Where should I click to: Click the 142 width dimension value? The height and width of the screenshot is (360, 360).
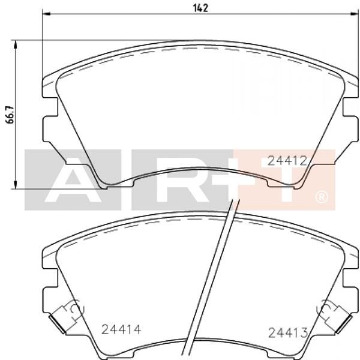pos(200,8)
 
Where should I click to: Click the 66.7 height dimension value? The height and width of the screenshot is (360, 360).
pos(10,115)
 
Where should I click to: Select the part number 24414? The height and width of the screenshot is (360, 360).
pos(121,329)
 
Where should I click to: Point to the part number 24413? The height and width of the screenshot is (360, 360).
pos(288,332)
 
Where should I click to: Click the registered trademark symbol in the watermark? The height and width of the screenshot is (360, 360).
pos(322,197)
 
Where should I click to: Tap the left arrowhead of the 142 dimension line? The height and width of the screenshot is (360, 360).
pos(46,14)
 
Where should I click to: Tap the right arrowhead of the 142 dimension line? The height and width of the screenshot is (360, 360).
pos(354,14)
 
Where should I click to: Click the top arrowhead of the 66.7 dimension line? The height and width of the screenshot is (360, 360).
pos(16,44)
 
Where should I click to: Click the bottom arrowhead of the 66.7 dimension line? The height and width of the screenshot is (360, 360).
pos(16,185)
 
